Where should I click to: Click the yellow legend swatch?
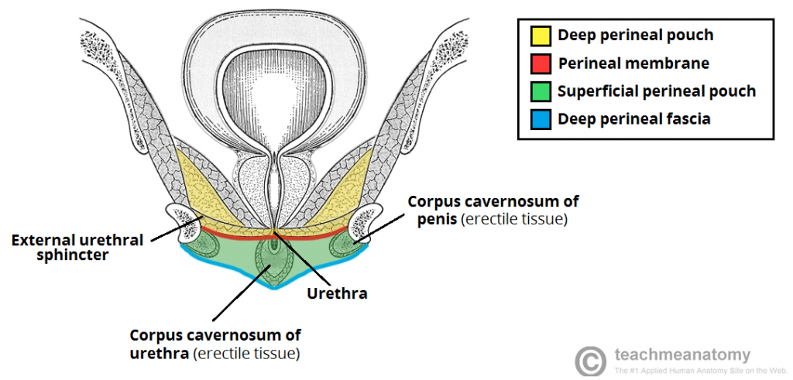point(541,35)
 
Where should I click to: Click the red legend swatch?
point(541,63)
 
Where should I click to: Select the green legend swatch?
point(541,92)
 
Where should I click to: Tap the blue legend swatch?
point(541,120)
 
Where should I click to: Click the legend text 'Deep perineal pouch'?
point(635,35)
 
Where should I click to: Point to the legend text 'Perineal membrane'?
point(633,63)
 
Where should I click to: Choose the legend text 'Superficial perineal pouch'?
point(656,91)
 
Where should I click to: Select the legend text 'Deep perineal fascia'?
point(633,119)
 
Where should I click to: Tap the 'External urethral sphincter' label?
point(77,247)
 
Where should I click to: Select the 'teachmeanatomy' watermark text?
point(682,355)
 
